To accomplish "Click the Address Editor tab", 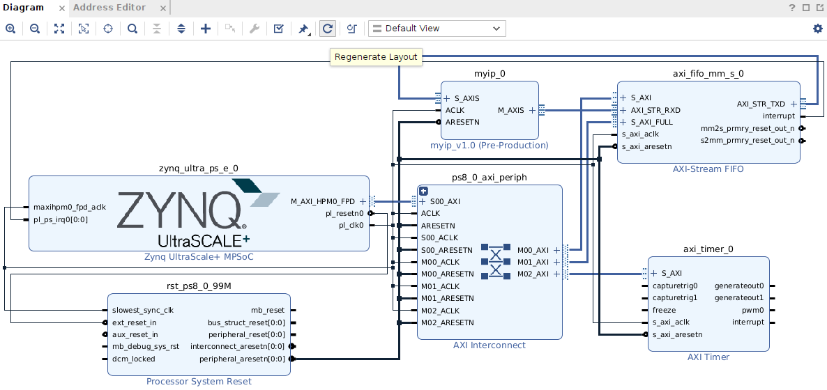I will [109, 8].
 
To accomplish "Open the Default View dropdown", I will [437, 29].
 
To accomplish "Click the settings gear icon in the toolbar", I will [817, 29].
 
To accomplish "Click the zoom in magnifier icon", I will [10, 29].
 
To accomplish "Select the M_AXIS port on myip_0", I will [510, 110].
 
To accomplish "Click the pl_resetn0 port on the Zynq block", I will [344, 213].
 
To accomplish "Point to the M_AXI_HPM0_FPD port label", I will [323, 201].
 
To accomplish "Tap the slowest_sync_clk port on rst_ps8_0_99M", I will [143, 310].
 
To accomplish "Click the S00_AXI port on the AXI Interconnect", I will [445, 201].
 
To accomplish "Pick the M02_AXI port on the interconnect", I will [533, 274].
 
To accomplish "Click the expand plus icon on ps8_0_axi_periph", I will [423, 192].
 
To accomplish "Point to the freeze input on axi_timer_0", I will [664, 310].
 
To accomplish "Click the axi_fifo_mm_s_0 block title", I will [708, 73].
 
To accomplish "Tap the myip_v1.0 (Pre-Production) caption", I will [490, 146].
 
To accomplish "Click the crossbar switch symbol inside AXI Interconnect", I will [495, 261].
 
